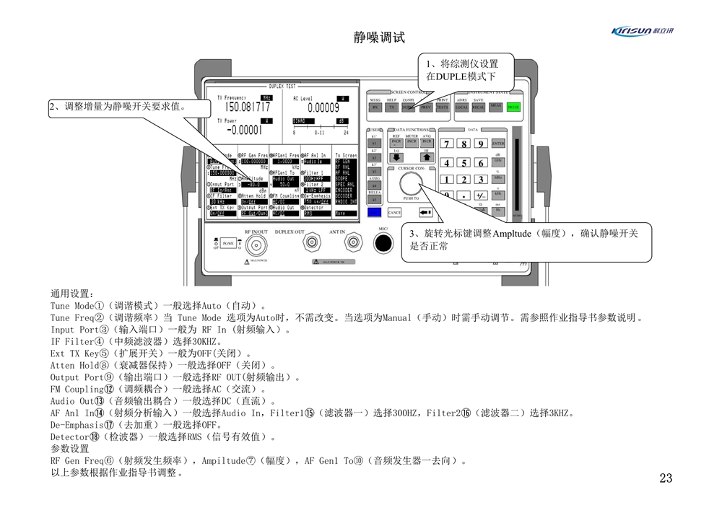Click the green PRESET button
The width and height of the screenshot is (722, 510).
pyautogui.click(x=513, y=107)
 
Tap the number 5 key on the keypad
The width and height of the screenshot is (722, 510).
pyautogui.click(x=464, y=163)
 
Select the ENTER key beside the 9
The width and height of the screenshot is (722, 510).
pyautogui.click(x=498, y=144)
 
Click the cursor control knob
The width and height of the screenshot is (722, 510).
pyautogui.click(x=411, y=183)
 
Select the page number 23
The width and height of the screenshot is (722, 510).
pyautogui.click(x=666, y=478)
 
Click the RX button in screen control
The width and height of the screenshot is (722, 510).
pyautogui.click(x=375, y=107)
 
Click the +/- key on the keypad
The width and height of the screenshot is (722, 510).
pyautogui.click(x=480, y=195)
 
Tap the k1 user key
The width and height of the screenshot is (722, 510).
pyautogui.click(x=374, y=144)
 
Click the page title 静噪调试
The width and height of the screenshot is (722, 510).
pyautogui.click(x=379, y=38)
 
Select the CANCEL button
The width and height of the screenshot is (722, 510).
pyautogui.click(x=394, y=213)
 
